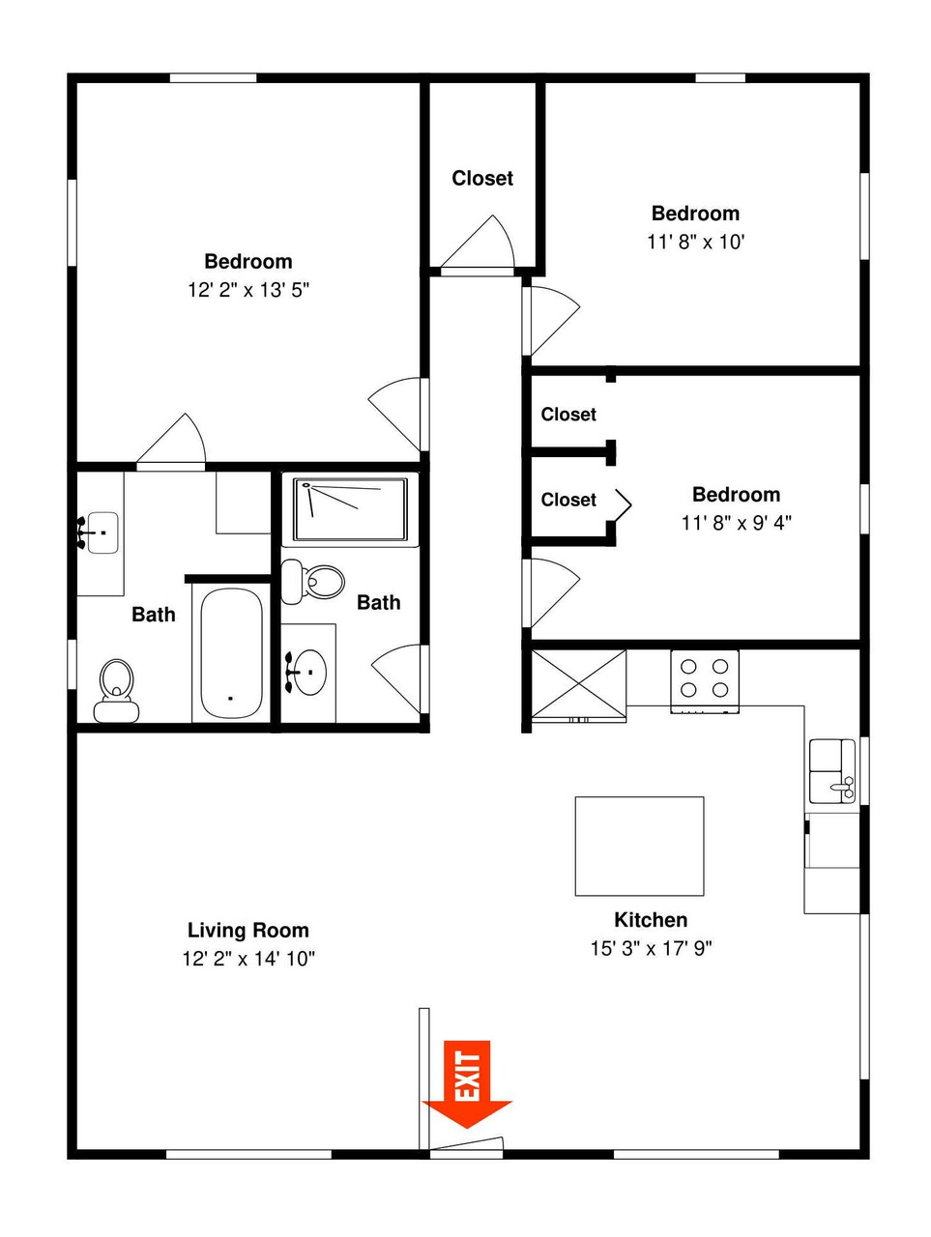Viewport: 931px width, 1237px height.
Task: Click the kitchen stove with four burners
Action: coord(705,681)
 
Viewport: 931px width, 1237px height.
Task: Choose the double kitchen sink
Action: coord(832,771)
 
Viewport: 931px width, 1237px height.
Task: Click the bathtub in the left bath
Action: coord(231,653)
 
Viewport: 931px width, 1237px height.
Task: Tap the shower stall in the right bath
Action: coord(350,509)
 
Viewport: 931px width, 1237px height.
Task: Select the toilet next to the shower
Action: coord(313,582)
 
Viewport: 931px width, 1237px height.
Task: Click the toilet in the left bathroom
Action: coord(116,691)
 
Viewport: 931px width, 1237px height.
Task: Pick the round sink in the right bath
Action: coord(307,673)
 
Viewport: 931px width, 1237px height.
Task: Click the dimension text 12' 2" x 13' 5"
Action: coord(248,290)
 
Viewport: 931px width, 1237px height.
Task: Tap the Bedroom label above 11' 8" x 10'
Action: coord(695,214)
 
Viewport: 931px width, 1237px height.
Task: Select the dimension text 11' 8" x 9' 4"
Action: coord(737,523)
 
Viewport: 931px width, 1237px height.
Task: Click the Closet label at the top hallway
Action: coord(482,179)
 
